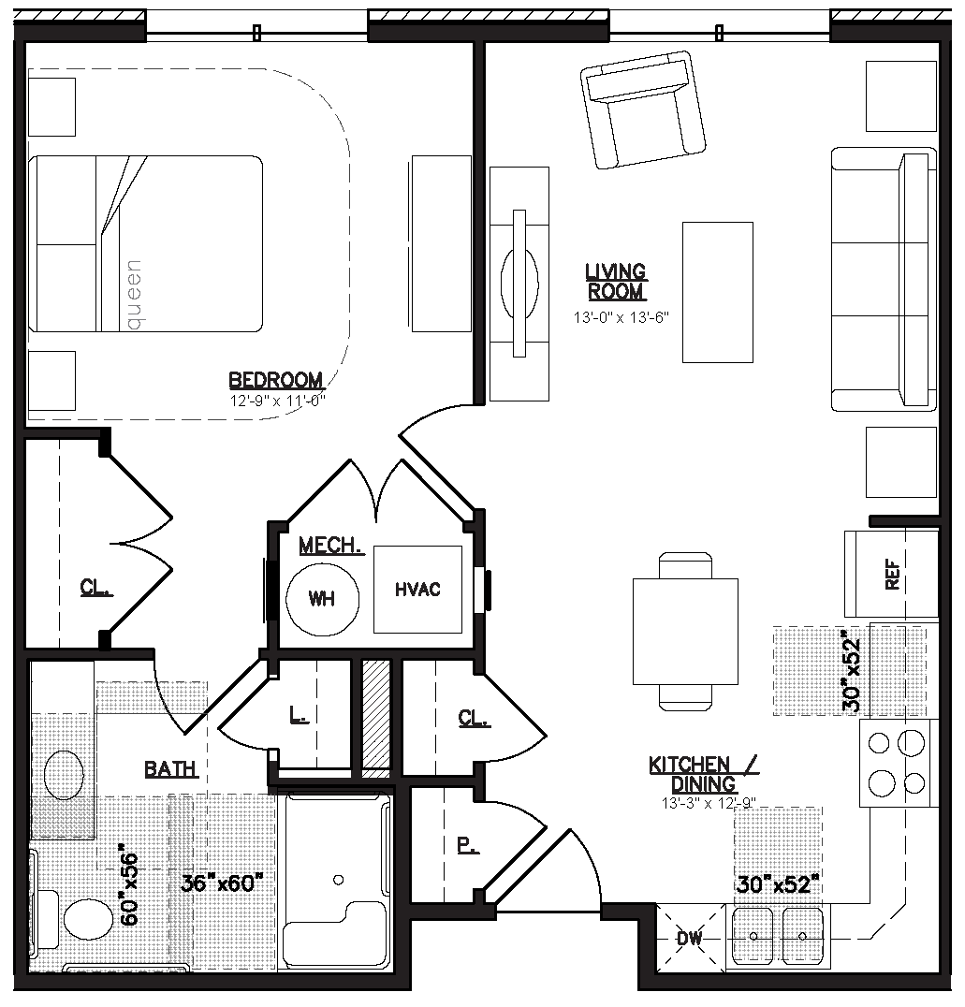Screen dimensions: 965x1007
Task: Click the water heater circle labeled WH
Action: [322, 599]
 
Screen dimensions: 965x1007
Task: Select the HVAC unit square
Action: [417, 589]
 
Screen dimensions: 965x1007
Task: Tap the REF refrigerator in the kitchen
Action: [891, 574]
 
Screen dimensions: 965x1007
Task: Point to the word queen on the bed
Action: [133, 295]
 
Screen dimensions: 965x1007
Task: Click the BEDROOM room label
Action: [275, 380]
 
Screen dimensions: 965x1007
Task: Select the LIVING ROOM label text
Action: [616, 282]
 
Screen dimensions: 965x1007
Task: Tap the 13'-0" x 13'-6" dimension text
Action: [621, 317]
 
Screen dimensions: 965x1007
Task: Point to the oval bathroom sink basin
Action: [64, 775]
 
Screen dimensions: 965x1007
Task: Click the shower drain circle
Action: [339, 880]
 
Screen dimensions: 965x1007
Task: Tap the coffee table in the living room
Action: [718, 292]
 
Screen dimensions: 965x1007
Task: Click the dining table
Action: [685, 632]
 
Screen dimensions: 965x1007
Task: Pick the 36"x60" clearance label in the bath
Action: [222, 883]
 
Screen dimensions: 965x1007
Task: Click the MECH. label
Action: [331, 546]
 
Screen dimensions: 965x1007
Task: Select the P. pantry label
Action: [468, 846]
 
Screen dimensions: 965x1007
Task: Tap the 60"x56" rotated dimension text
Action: [129, 889]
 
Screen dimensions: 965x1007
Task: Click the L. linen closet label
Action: [298, 714]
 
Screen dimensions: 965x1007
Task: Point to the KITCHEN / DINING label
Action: [704, 775]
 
